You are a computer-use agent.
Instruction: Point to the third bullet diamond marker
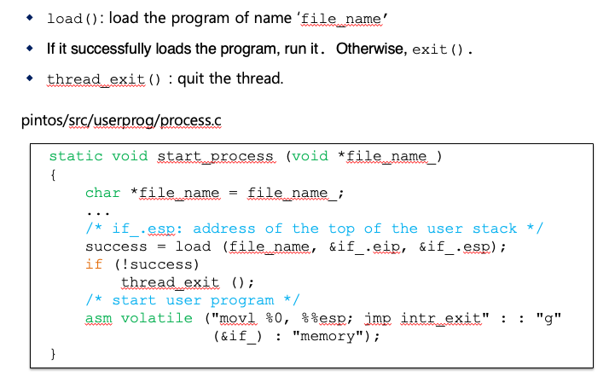30,79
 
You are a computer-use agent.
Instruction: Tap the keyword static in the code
75,156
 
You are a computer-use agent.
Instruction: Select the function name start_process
218,156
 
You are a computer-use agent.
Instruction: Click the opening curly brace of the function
53,175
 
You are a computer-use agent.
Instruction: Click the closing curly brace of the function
53,353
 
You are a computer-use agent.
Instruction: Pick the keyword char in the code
102,193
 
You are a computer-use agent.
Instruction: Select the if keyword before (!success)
94,264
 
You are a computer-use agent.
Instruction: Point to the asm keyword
98,318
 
